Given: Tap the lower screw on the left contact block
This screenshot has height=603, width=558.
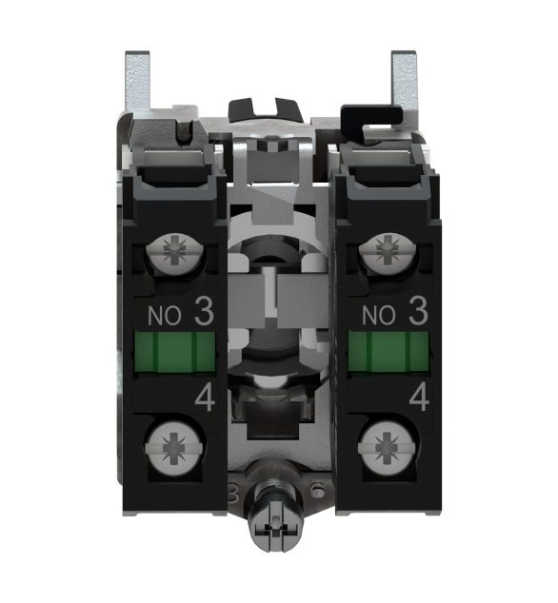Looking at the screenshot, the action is (x=173, y=448).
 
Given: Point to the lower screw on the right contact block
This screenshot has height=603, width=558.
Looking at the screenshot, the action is (x=388, y=448).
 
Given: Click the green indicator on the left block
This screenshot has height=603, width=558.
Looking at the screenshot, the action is (x=175, y=352).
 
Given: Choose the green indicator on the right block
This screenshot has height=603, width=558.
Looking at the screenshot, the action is (x=389, y=352).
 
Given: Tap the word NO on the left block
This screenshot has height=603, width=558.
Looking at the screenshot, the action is (x=165, y=316).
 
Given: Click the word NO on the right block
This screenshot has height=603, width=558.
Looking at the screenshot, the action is (x=379, y=316).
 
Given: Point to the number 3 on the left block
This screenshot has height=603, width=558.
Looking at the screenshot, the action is (x=204, y=312).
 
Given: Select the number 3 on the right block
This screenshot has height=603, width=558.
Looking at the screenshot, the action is (x=418, y=312).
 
